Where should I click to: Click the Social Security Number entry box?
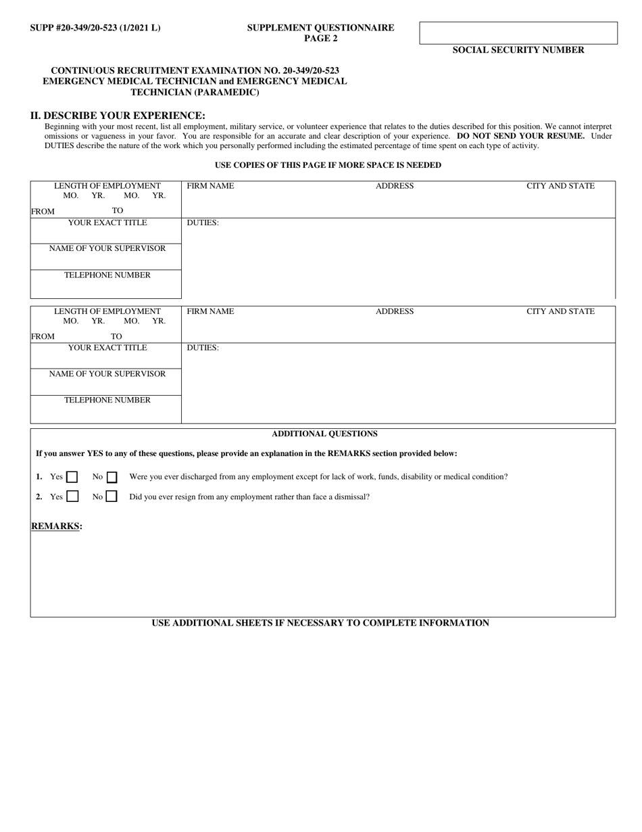(518, 33)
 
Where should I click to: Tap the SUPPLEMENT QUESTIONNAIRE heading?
(320, 28)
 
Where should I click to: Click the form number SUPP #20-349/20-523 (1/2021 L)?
(95, 28)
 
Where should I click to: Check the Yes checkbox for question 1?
(72, 477)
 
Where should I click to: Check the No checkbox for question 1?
(112, 477)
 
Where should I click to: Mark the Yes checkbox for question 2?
(72, 496)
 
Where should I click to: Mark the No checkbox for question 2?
(112, 496)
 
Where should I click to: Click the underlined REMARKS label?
(56, 526)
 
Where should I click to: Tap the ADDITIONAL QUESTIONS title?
(324, 434)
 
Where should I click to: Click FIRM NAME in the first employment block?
(210, 186)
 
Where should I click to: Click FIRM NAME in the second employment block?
(210, 312)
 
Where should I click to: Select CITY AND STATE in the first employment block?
(560, 186)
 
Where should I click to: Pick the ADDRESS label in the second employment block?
(395, 312)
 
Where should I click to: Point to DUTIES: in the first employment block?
(203, 223)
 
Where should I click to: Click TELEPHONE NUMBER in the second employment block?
(107, 400)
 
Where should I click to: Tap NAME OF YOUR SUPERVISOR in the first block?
(107, 248)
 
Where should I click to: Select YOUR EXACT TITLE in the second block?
(107, 348)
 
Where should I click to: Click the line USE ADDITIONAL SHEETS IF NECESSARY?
(320, 623)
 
